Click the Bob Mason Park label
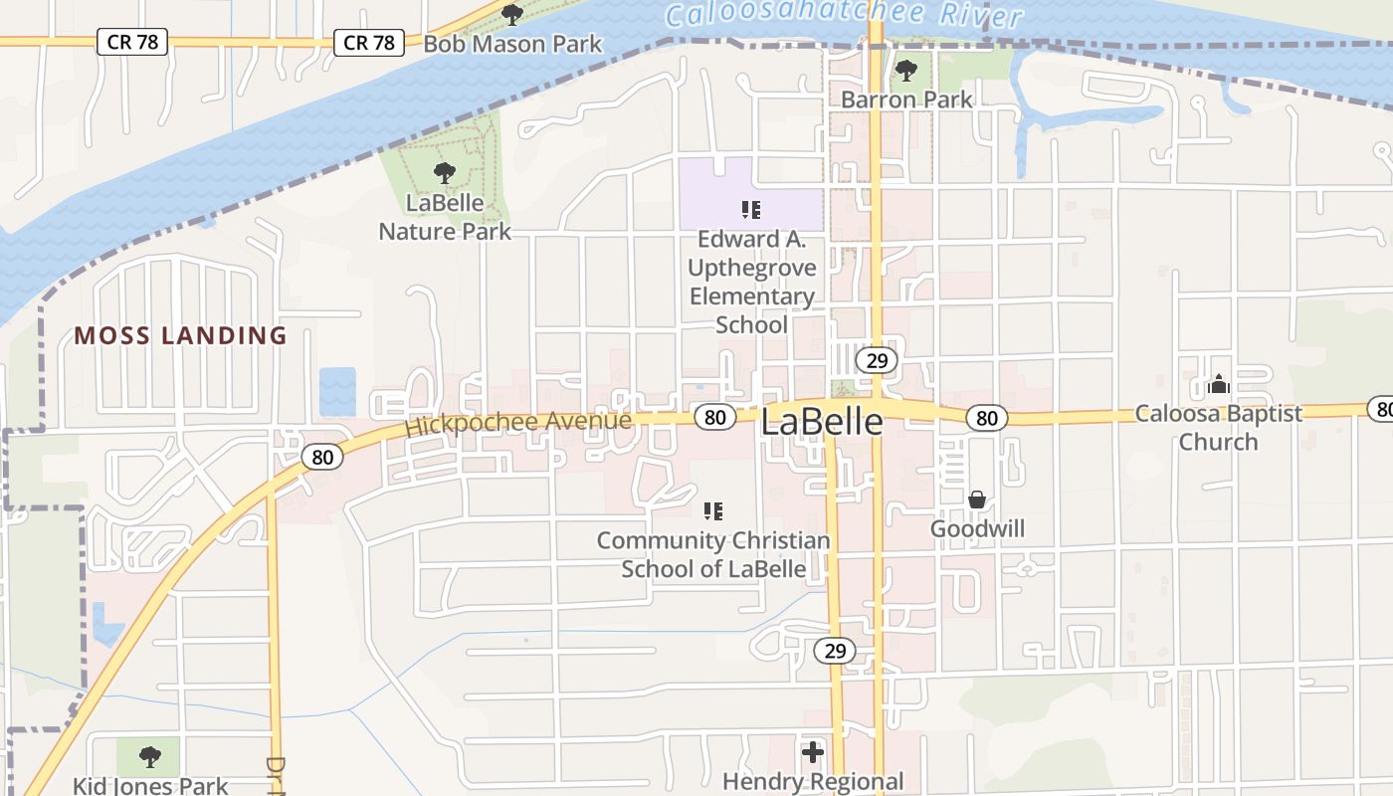512,44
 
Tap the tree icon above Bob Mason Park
512,14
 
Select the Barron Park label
906,99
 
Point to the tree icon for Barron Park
905,71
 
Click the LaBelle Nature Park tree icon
445,173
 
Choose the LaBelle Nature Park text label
445,217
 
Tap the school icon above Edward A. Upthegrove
751,209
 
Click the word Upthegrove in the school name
752,268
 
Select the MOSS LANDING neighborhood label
180,335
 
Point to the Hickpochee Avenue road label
517,423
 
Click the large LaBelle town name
821,422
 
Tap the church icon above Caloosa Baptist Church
1218,384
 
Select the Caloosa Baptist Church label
1218,428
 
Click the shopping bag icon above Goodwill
977,499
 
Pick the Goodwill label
977,528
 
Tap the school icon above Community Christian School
712,511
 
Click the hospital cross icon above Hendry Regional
813,752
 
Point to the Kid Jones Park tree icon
149,757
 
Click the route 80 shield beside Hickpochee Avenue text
714,417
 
